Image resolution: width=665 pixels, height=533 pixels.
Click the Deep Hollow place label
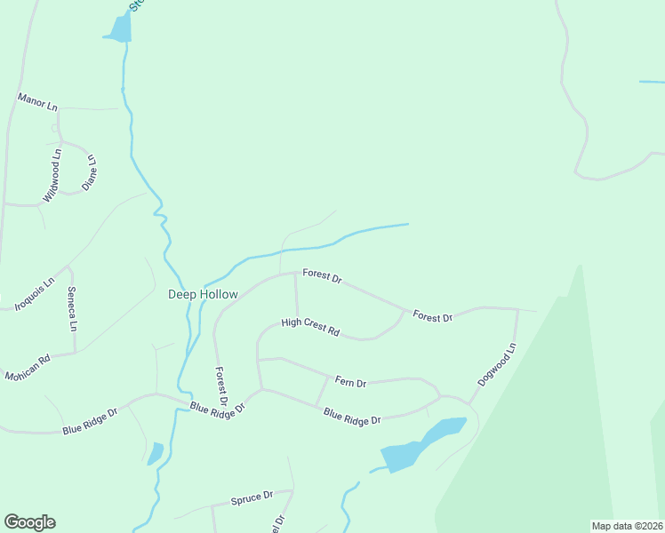pyautogui.click(x=204, y=294)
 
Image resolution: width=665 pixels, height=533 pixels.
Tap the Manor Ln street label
pyautogui.click(x=36, y=102)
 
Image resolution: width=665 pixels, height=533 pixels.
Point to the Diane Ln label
pyautogui.click(x=90, y=171)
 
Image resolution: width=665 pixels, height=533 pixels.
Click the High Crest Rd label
pyautogui.click(x=310, y=328)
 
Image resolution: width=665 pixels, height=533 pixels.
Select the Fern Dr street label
pyautogui.click(x=350, y=382)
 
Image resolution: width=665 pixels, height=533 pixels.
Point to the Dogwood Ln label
pyautogui.click(x=496, y=365)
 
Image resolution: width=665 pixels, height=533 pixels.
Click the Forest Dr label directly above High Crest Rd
pyautogui.click(x=322, y=276)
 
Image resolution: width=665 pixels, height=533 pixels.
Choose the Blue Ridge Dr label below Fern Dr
pyautogui.click(x=352, y=416)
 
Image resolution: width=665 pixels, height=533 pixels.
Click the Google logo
pyautogui.click(x=29, y=522)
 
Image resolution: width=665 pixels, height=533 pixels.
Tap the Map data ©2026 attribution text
pyautogui.click(x=627, y=526)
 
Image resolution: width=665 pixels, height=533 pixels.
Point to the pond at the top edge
pyautogui.click(x=119, y=28)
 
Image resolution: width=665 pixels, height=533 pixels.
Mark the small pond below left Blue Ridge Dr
pyautogui.click(x=155, y=454)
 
